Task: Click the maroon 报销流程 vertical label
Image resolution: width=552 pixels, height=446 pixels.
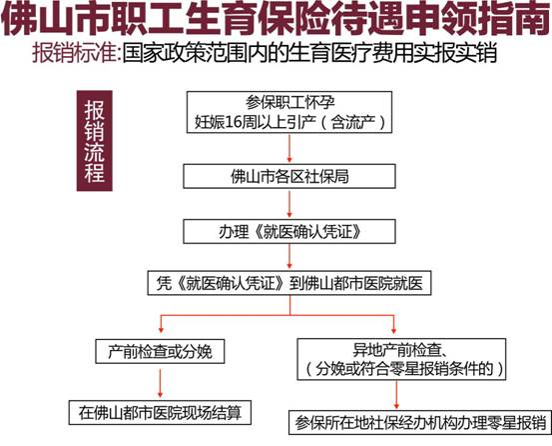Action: pos(95,141)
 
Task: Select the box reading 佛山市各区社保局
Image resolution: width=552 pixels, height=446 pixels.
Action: pos(289,176)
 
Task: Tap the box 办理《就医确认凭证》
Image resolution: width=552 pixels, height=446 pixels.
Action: pos(289,231)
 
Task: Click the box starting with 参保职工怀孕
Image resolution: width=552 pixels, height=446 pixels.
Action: pos(289,112)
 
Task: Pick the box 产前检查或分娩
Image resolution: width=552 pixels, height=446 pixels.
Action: pos(160,351)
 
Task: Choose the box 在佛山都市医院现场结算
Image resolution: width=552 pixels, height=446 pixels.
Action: pos(160,413)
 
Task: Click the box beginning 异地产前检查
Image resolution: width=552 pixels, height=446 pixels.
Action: pos(401,359)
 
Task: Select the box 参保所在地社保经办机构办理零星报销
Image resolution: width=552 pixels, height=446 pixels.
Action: pos(420,422)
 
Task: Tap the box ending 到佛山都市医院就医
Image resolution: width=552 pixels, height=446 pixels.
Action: pos(289,283)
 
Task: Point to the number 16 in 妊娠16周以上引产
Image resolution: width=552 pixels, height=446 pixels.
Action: pos(234,122)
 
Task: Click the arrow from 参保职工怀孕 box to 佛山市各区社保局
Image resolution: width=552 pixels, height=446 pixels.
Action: pos(289,148)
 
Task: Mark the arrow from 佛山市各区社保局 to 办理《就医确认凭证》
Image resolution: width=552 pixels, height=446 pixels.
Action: pos(289,204)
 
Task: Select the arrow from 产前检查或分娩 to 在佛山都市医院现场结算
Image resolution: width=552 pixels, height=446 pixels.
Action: pos(161,383)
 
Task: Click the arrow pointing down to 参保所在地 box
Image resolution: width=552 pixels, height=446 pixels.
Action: pos(396,395)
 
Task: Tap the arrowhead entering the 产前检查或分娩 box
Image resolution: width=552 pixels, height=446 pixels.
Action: pos(161,330)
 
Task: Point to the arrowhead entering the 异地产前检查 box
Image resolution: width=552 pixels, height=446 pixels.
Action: pos(393,330)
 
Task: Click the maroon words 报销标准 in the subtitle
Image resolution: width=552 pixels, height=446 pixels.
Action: pos(74,53)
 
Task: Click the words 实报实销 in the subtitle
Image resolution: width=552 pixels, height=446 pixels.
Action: pos(455,53)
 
